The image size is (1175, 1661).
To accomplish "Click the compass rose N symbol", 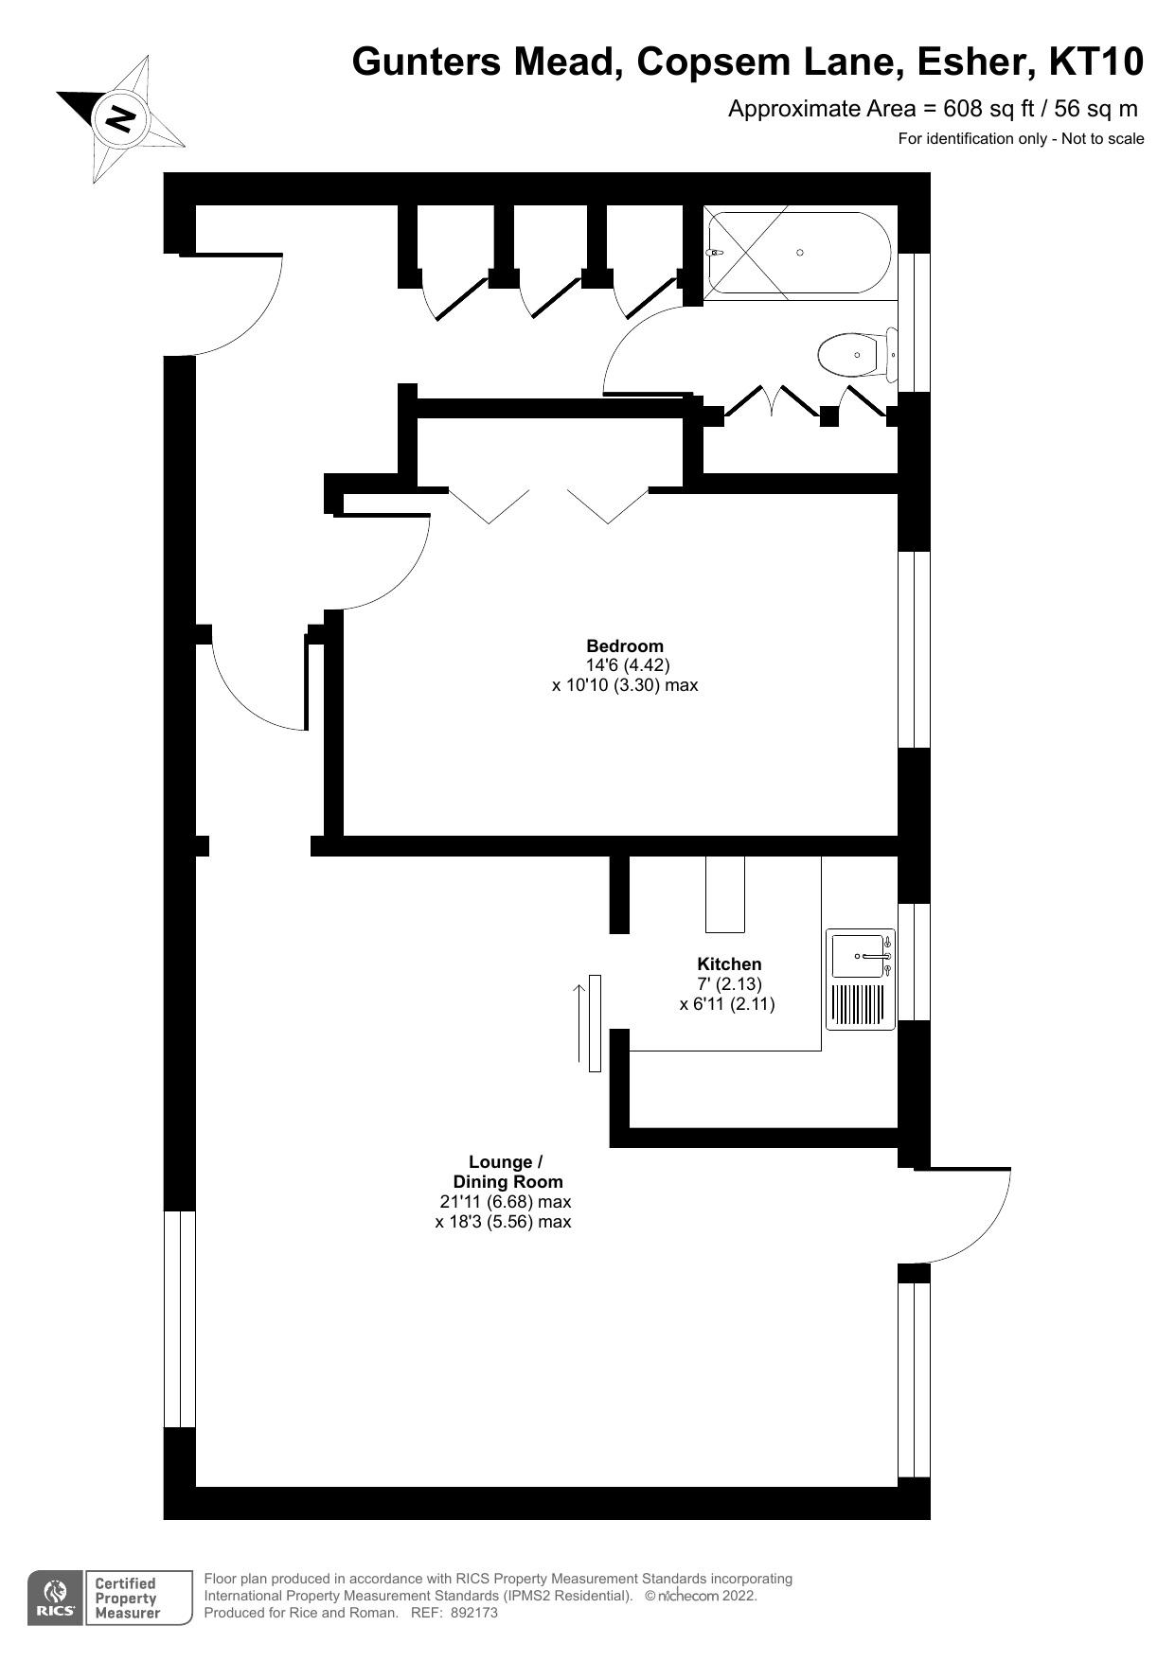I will click(x=120, y=119).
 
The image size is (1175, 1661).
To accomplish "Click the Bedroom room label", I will click(x=625, y=646).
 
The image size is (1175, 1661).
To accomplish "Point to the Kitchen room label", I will click(x=729, y=964).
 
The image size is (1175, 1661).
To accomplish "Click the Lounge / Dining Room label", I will click(x=507, y=1172).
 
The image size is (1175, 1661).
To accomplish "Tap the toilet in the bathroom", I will click(x=854, y=355).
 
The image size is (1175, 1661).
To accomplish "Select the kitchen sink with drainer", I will click(x=861, y=979).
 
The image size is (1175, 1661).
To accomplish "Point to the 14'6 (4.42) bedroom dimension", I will click(x=628, y=665).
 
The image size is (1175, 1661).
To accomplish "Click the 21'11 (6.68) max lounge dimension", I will click(x=506, y=1202).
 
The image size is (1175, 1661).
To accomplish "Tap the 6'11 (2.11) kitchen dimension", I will click(x=727, y=1004).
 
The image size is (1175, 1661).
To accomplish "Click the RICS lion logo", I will click(x=55, y=1599).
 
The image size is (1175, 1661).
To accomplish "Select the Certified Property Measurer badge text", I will click(x=126, y=1598).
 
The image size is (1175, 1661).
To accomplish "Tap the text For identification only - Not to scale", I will click(x=1021, y=139).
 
